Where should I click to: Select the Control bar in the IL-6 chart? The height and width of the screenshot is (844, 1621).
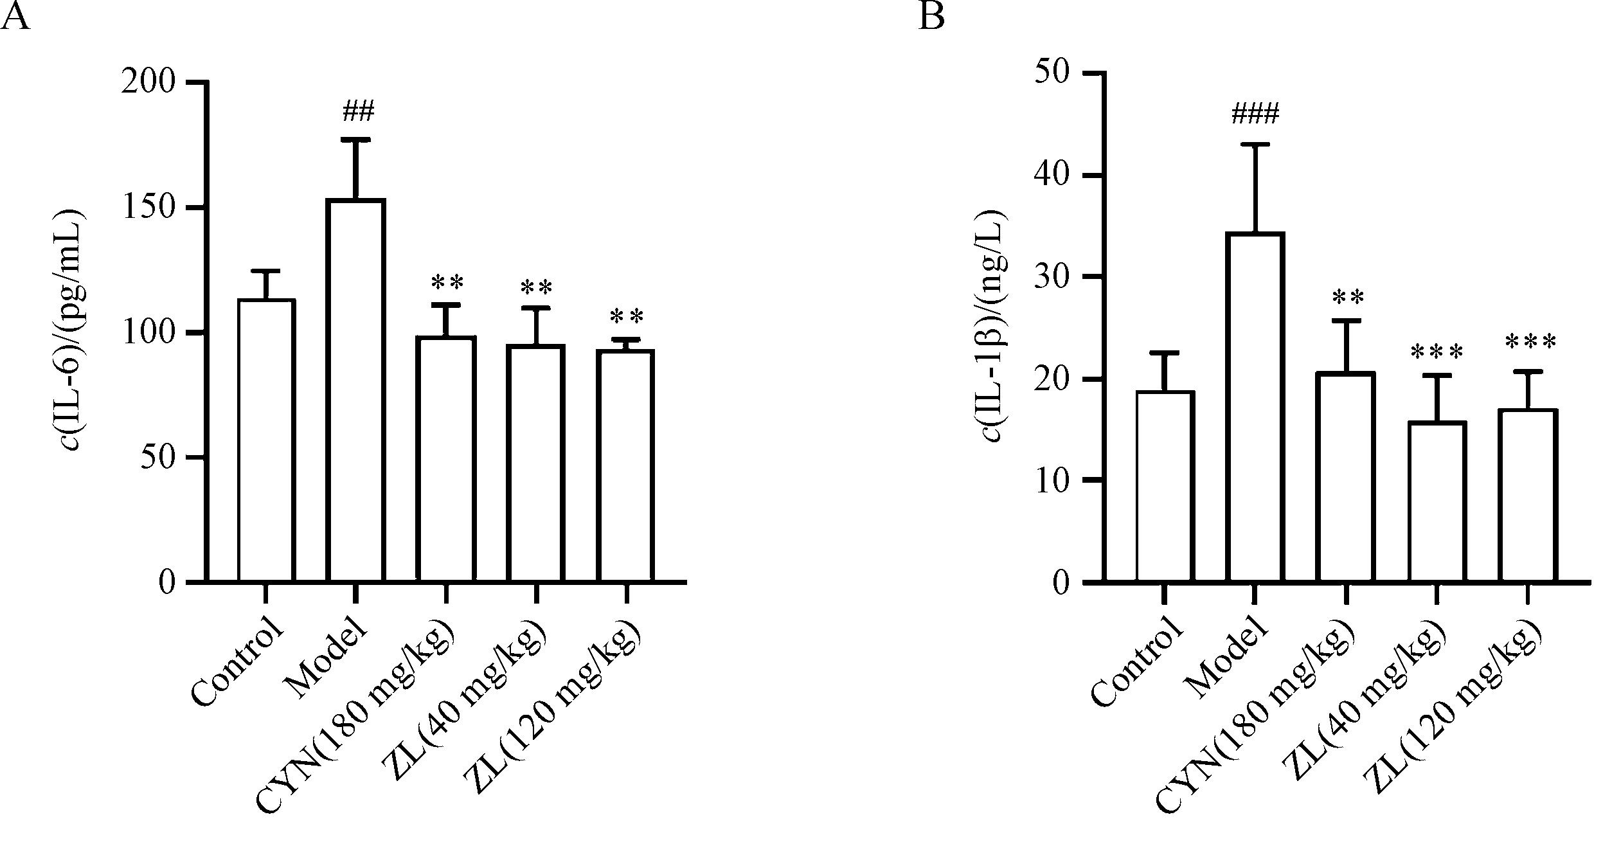tap(266, 440)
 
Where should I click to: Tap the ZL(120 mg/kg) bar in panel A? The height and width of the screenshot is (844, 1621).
tap(625, 465)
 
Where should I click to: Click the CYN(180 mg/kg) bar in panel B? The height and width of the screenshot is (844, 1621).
tap(1345, 477)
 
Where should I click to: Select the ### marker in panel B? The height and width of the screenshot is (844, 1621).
tap(1255, 114)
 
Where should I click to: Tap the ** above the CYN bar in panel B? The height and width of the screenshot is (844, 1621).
tap(1347, 298)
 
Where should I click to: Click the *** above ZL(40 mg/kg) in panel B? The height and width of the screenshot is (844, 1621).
tap(1437, 352)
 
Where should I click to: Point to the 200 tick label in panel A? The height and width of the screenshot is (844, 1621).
tap(148, 82)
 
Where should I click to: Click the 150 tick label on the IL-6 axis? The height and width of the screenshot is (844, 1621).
tap(148, 208)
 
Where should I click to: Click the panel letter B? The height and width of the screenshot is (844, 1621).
tap(931, 16)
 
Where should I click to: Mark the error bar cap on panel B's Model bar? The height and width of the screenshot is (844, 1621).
tap(1255, 145)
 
